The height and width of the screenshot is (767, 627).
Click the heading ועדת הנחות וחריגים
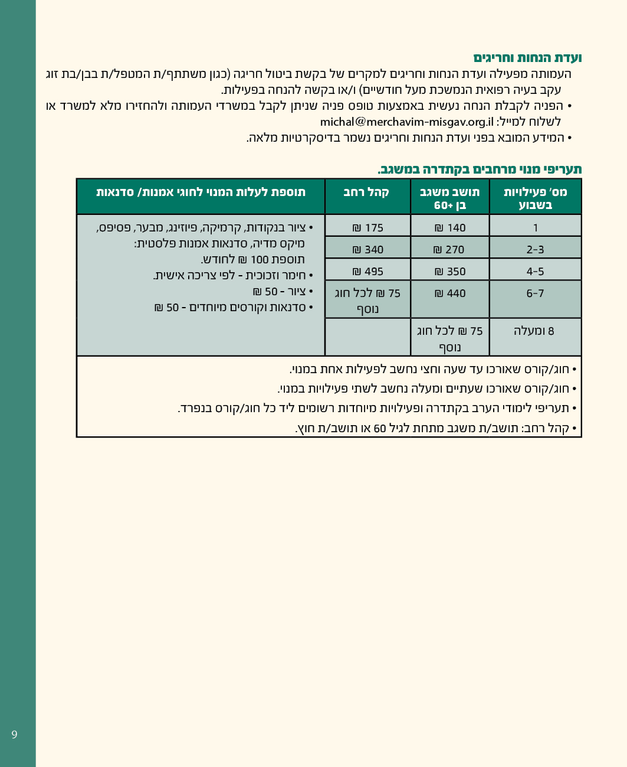(x=527, y=58)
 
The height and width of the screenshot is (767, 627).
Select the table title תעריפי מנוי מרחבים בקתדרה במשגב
(x=480, y=169)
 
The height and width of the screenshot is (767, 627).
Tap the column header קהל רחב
(x=366, y=192)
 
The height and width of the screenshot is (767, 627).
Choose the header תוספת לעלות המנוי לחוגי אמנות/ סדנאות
(x=201, y=192)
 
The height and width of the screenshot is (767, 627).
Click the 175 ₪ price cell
(x=367, y=228)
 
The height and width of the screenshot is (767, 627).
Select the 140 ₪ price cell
(x=450, y=228)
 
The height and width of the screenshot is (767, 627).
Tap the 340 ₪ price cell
(x=367, y=250)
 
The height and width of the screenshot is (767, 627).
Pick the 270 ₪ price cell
(x=450, y=250)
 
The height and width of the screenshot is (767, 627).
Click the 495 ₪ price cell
(x=367, y=272)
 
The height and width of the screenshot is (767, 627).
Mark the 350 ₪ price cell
(x=450, y=272)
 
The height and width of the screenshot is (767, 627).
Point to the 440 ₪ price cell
(x=450, y=293)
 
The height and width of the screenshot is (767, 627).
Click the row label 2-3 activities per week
(x=535, y=250)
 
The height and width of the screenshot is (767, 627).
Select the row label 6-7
(x=535, y=293)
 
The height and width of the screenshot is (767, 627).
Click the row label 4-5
(x=535, y=272)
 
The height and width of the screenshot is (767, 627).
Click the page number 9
(x=14, y=735)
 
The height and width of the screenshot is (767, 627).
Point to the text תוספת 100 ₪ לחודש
(x=253, y=259)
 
